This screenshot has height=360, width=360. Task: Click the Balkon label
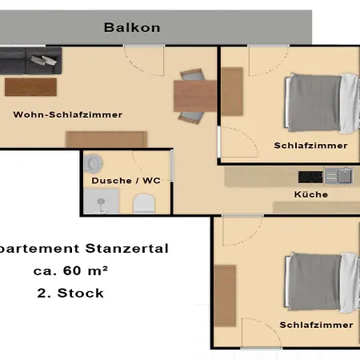[x=132, y=27]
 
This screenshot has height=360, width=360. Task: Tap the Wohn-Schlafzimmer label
[x=68, y=114]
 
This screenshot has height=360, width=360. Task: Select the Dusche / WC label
[x=126, y=181]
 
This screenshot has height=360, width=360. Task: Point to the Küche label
[x=311, y=194]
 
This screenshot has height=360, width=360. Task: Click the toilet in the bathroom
[x=144, y=204]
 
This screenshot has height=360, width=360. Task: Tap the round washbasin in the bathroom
[x=94, y=163]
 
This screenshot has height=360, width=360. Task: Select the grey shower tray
[x=101, y=202]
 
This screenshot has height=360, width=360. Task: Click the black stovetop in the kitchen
[x=310, y=178]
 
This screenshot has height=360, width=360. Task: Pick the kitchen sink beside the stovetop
[x=338, y=176]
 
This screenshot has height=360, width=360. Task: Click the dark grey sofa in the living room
[x=30, y=61]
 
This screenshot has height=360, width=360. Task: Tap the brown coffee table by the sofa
[x=30, y=87]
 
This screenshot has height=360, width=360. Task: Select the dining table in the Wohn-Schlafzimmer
[x=195, y=96]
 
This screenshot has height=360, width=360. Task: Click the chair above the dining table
[x=193, y=74]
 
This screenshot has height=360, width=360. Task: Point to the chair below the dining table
[x=191, y=118]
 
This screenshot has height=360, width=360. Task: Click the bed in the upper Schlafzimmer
[x=322, y=103]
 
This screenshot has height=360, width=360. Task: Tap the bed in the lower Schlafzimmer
[x=322, y=282]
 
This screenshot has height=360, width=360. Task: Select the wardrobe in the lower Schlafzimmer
[x=225, y=296]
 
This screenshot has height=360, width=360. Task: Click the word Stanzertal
[x=127, y=249]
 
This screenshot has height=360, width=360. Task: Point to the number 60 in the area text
[x=72, y=271]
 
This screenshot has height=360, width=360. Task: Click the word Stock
[x=80, y=294]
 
